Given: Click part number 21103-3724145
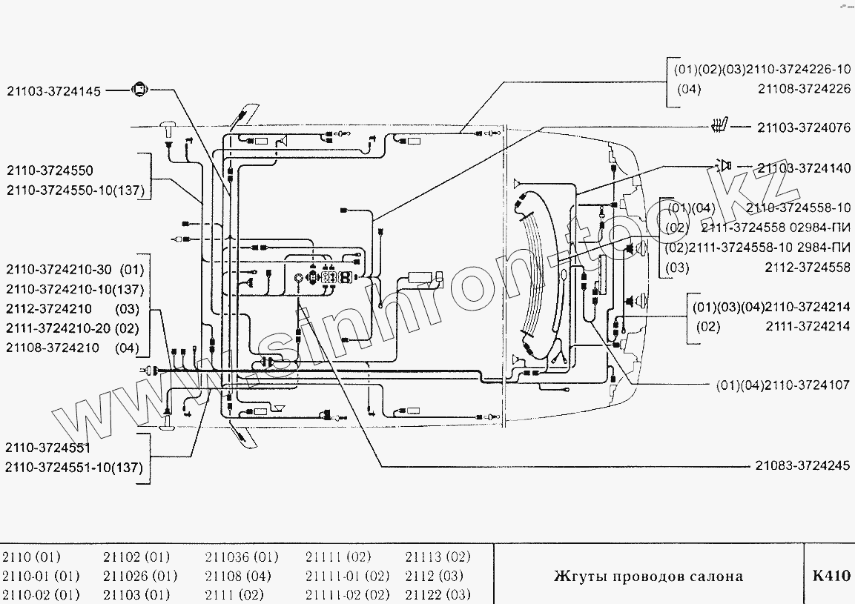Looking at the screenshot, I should [53, 90].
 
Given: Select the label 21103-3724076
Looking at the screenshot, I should [803, 128].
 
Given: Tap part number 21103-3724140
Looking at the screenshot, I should [803, 168].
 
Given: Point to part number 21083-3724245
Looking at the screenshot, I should [803, 465].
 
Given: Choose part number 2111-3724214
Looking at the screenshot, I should [808, 326].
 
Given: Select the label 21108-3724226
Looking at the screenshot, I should [804, 89].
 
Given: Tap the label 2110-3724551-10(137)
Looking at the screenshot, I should [73, 467].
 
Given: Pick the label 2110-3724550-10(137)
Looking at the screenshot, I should [74, 190].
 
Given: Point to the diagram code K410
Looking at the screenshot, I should [831, 577].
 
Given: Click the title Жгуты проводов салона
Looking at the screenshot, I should [648, 577].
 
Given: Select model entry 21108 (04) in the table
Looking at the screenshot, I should [240, 576].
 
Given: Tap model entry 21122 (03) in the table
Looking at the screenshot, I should [438, 594].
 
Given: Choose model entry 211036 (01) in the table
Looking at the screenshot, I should [241, 557].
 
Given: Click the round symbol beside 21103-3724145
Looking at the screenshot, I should [139, 90].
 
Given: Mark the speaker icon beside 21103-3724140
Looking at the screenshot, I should [723, 166].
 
